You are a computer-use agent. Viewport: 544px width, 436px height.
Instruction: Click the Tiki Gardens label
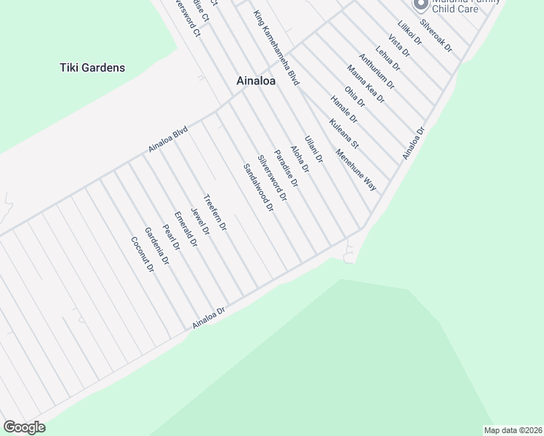coord(92,68)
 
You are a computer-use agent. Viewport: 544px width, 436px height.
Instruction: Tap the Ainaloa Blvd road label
coord(168,139)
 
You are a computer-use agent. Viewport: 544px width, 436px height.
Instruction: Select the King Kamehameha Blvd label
coord(277,49)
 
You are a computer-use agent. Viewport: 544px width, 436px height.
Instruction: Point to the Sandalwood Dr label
coord(257,187)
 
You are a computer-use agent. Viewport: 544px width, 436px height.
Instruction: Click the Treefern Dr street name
coord(216,213)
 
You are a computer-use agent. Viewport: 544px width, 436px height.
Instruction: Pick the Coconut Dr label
coord(143,254)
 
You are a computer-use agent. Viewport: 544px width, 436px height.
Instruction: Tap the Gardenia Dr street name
coord(156,246)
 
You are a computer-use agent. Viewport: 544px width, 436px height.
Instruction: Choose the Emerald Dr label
coord(186,230)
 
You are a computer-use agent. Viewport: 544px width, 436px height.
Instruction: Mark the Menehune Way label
coord(356,170)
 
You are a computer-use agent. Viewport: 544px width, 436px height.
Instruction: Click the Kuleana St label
coord(344,135)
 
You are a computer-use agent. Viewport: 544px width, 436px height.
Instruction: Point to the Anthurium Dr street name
coord(376,70)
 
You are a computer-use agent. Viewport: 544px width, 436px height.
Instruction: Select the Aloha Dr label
coord(300,158)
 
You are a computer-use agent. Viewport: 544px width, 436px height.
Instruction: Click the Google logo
coord(24,427)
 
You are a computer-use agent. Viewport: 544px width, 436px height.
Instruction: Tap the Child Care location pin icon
coord(420,4)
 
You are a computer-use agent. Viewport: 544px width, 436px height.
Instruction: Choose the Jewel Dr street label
coord(200,222)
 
